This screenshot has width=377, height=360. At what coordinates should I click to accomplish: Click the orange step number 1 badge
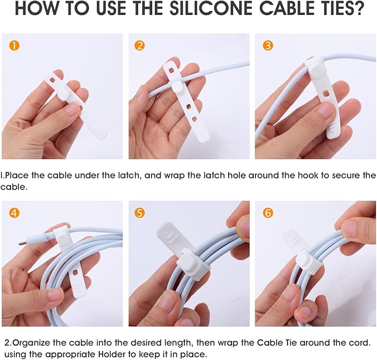(x=13, y=45)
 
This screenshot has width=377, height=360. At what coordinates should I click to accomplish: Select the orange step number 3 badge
(x=268, y=45)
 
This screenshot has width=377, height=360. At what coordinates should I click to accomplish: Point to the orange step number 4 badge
(x=13, y=212)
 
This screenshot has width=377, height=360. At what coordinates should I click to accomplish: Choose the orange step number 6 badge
(x=268, y=212)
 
